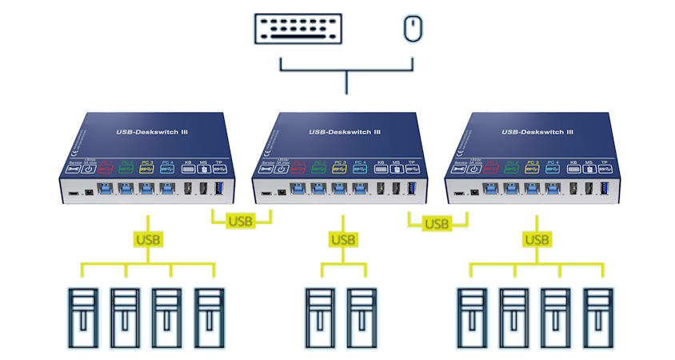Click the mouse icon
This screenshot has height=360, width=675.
(412, 30)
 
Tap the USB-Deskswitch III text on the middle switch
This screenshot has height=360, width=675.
(344, 132)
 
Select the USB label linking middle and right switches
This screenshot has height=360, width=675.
(437, 223)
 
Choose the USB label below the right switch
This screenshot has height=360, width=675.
(537, 238)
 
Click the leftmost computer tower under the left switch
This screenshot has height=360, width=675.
(82, 316)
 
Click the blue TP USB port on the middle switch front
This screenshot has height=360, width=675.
(413, 189)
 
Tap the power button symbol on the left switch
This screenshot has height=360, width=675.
(89, 169)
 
